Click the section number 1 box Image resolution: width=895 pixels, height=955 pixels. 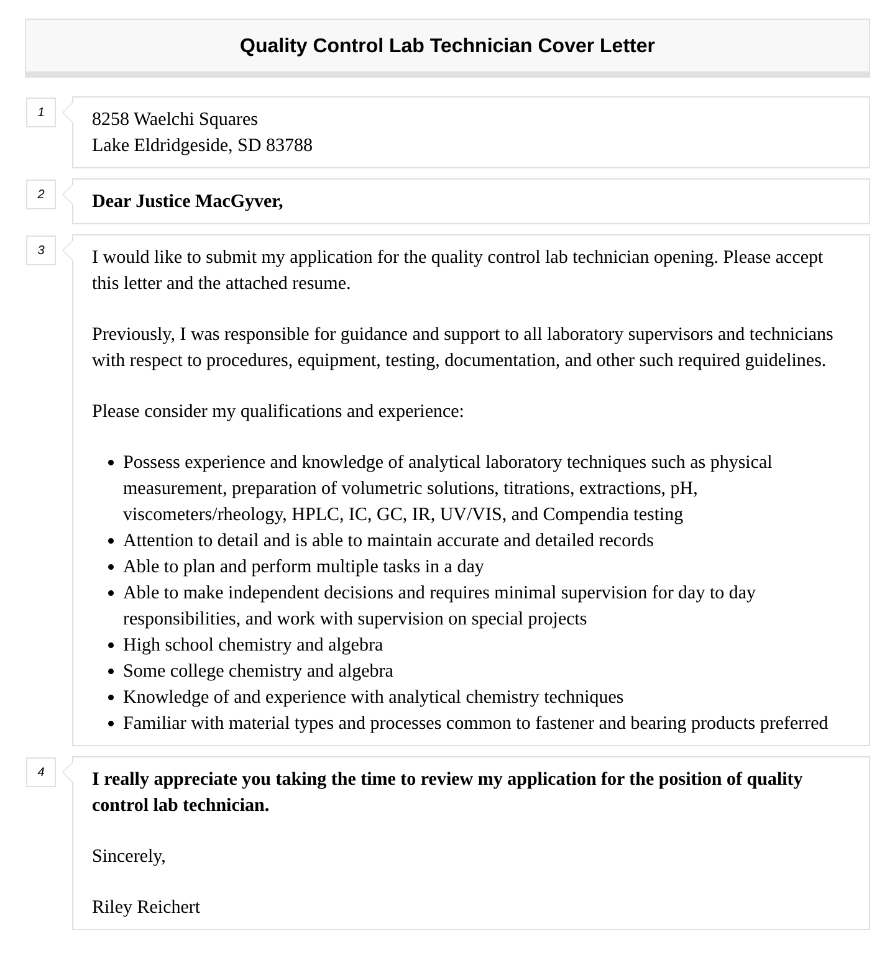pos(41,112)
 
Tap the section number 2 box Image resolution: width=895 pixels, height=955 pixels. pos(41,194)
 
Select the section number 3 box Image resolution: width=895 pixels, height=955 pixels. pos(41,250)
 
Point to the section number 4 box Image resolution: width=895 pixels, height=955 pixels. pos(41,772)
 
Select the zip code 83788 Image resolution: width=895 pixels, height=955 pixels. pos(289,145)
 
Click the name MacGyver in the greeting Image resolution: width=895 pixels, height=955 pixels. pos(239,201)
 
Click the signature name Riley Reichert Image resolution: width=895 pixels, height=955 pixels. pos(146,907)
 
